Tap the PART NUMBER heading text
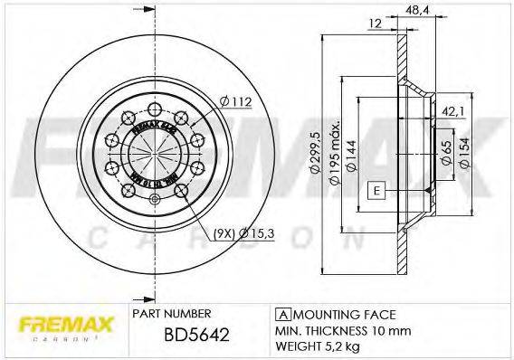pyautogui.click(x=172, y=313)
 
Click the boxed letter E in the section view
pyautogui.click(x=376, y=190)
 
